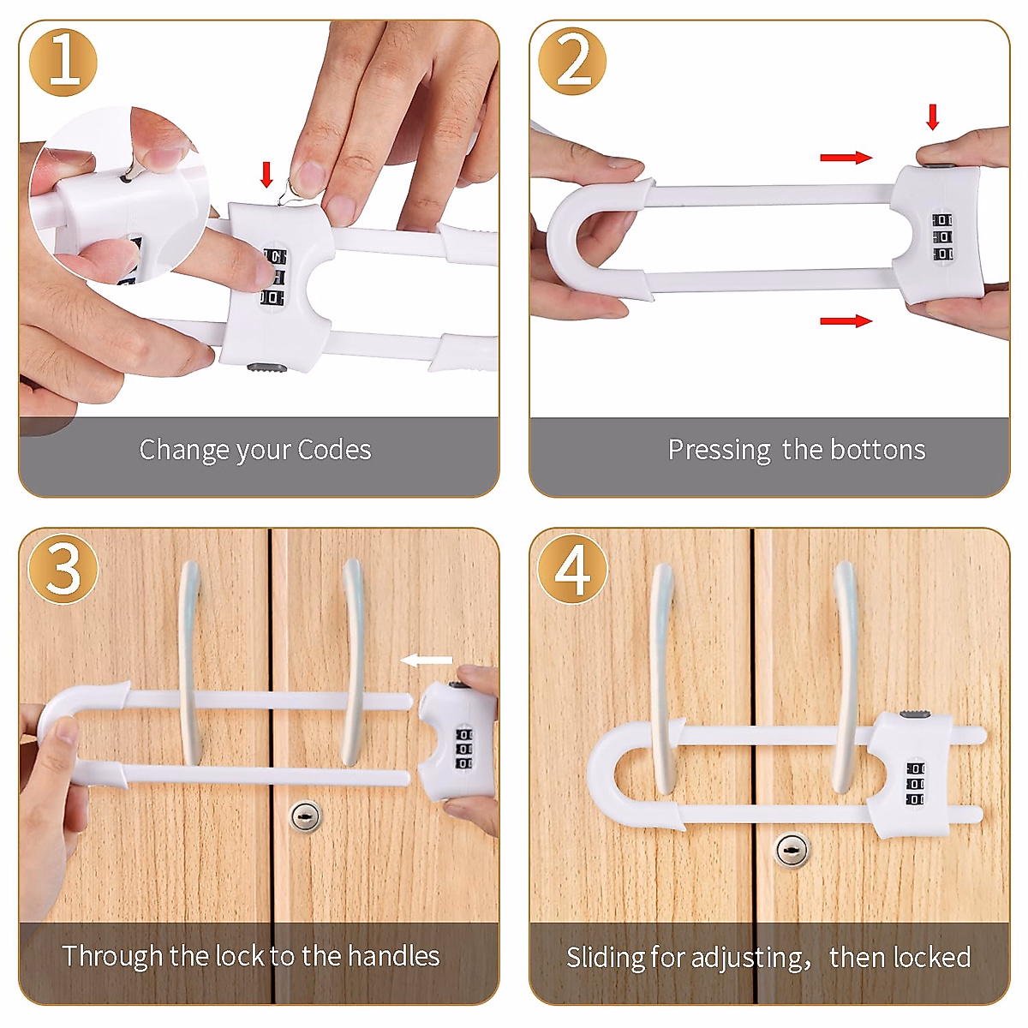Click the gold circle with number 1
coord(63,63)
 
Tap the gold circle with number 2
coord(572,63)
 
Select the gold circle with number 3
coord(63,569)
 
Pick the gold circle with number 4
coord(572,569)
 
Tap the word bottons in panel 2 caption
coord(878,450)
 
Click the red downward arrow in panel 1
coord(266,174)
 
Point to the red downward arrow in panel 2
coord(933,117)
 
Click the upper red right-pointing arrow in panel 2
coord(846,158)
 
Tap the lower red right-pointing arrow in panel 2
coord(846,321)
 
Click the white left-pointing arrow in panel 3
coord(427,660)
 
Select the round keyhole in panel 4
coord(792,850)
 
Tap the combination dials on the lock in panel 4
coord(915,784)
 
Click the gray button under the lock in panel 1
coord(266,368)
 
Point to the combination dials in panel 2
coord(942,237)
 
